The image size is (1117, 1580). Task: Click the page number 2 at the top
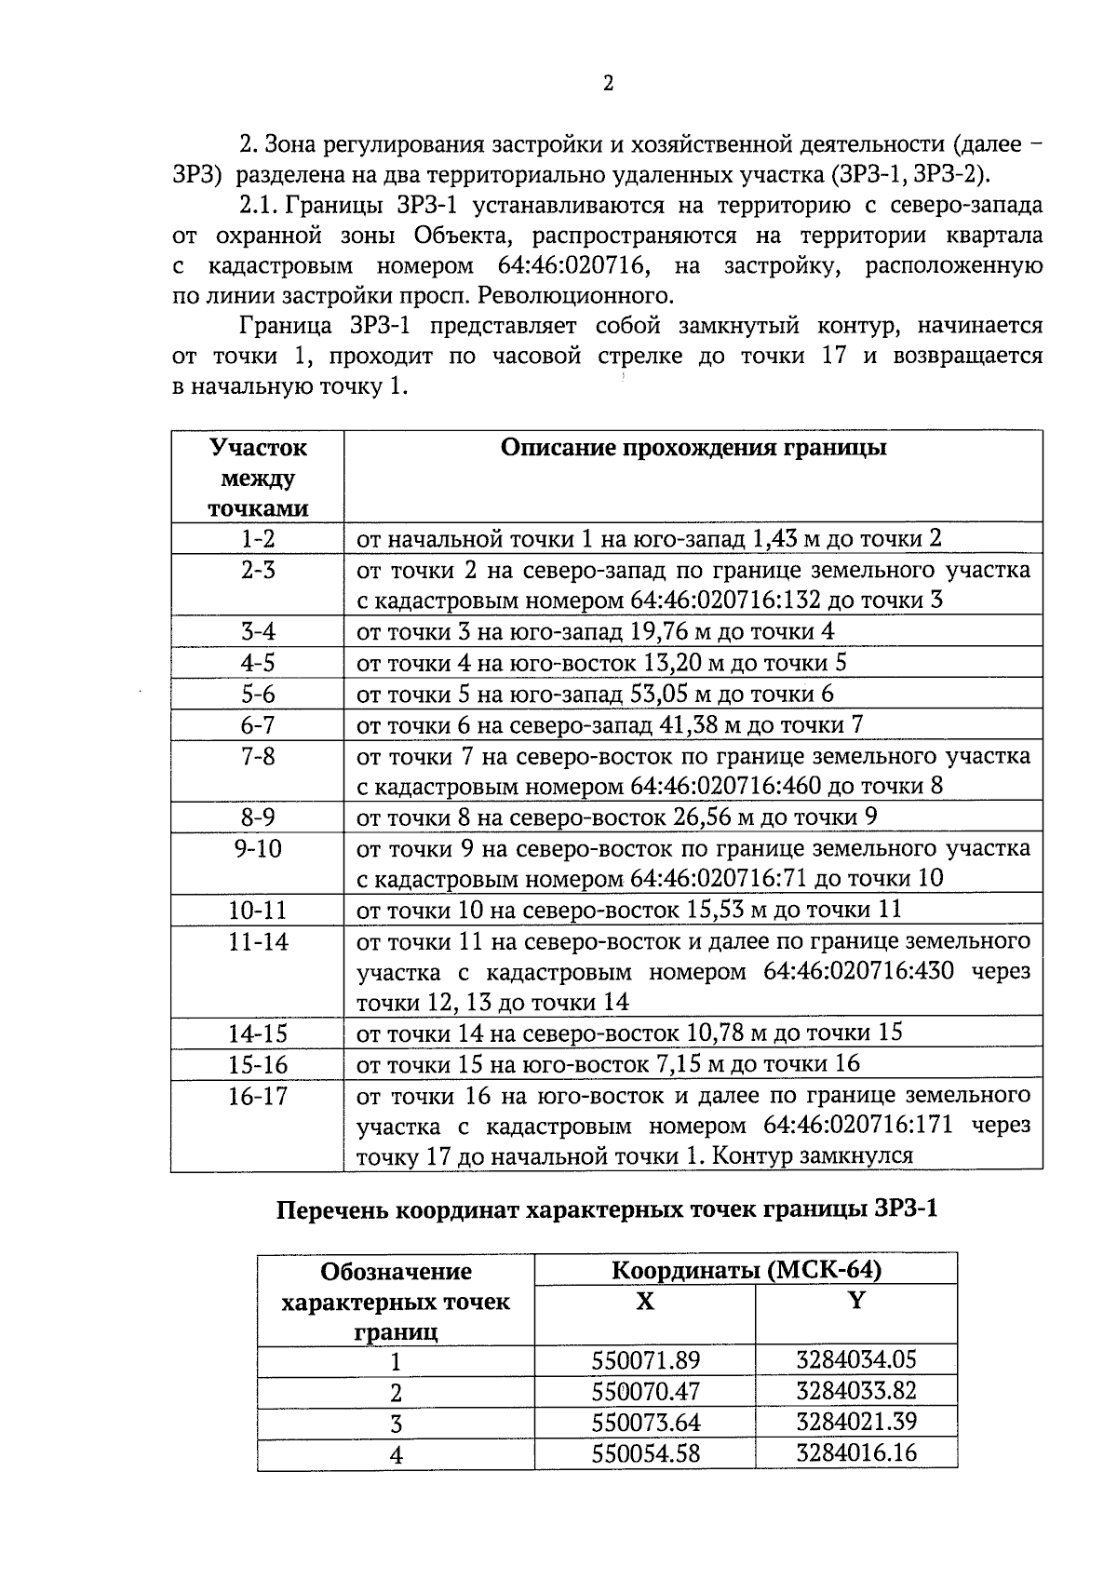[x=609, y=84]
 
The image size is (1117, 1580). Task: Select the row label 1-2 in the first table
[x=258, y=539]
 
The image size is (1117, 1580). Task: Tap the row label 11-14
[x=258, y=942]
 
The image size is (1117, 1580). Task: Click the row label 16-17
[x=258, y=1097]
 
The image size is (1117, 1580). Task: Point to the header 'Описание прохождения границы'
[x=693, y=449]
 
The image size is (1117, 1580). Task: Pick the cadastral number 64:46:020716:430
[x=858, y=972]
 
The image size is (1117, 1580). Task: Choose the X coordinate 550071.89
[x=645, y=1361]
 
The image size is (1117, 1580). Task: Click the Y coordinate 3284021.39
[x=856, y=1422]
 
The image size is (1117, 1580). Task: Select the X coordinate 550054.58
[x=645, y=1453]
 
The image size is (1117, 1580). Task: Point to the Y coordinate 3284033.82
[x=856, y=1391]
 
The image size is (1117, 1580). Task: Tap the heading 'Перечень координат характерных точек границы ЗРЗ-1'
[x=607, y=1210]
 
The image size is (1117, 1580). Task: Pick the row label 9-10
[x=258, y=849]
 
